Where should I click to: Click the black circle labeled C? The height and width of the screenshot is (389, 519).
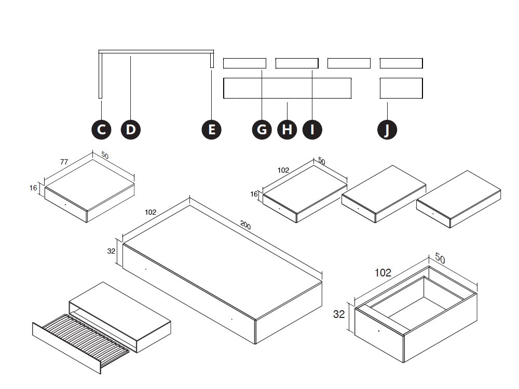click(102, 129)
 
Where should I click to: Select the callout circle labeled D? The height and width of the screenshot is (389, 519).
click(130, 129)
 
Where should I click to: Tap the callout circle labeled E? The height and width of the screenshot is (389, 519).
click(211, 129)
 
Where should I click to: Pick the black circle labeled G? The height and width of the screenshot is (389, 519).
click(262, 129)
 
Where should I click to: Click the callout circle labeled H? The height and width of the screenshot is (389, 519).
click(286, 129)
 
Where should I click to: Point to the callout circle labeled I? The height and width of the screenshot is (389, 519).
click(312, 129)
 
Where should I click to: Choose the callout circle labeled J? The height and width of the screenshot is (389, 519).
click(387, 129)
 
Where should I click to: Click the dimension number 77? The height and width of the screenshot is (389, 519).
click(64, 162)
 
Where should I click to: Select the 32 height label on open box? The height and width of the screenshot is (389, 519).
click(338, 314)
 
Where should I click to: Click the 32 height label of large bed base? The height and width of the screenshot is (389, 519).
click(111, 251)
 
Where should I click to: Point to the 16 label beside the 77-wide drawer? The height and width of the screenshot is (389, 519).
click(33, 188)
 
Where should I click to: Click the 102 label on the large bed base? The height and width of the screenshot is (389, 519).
click(151, 212)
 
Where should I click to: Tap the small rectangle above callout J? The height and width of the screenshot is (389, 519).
click(401, 88)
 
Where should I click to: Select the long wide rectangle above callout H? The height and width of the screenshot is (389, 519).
click(287, 88)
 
